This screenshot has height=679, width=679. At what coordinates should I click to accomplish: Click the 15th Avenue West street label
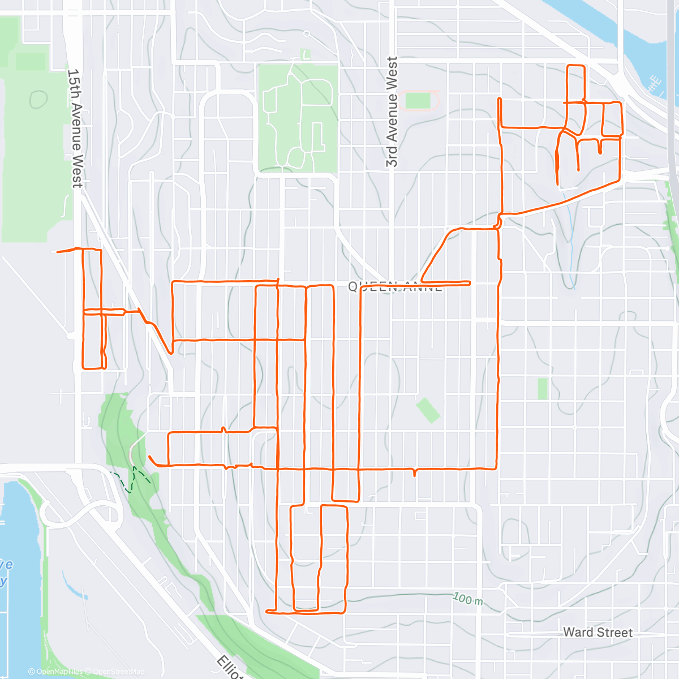pos(75,128)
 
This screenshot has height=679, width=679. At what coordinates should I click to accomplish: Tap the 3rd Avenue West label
pos(392,112)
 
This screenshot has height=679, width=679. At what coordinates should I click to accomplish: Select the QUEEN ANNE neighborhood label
pos(395,287)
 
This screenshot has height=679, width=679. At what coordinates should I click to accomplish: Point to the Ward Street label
pos(598,632)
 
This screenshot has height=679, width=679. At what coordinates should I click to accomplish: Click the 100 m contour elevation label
pos(468,599)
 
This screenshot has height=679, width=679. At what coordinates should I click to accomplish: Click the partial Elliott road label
pos(229,668)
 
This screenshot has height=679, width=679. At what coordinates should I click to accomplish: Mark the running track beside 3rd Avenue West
pos(419,101)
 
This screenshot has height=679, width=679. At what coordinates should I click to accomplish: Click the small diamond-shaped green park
pos(428,410)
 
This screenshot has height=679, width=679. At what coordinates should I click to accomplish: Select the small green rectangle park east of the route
pos(543,389)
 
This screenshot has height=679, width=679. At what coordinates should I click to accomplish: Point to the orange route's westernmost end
pos(58,252)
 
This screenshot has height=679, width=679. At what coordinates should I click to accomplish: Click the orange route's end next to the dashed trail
pos(149,457)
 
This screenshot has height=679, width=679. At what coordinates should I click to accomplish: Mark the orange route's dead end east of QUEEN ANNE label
pos(470,282)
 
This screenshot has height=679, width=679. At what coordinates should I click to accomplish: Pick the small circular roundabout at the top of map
pos(306,34)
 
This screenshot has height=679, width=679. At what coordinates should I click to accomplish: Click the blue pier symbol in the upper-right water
pos(655,84)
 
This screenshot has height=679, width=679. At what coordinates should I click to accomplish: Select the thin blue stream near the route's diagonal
pos(570,238)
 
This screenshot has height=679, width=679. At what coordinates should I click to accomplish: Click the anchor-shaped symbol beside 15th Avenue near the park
pos(88,420)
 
